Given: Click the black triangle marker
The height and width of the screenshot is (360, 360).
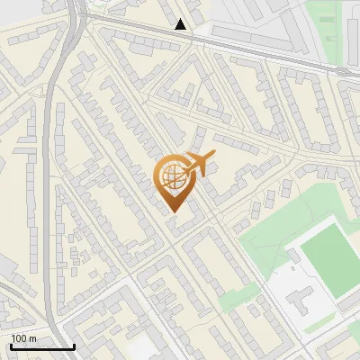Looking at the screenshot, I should pos(182,24).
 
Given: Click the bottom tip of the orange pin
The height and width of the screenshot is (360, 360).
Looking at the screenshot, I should pos(174,212).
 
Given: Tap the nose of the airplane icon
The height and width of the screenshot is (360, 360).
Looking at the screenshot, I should pos(214,157).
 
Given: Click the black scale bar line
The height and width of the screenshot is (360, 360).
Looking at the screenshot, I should pos(42,346).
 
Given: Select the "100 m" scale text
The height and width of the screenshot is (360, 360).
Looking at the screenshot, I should pos(23,338).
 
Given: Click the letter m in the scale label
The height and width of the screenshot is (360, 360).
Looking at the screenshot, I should pos(32,338).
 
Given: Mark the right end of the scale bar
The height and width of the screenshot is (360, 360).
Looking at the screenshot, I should pos(74,346).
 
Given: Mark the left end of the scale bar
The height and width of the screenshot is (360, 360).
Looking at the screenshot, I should pos(11,346).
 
